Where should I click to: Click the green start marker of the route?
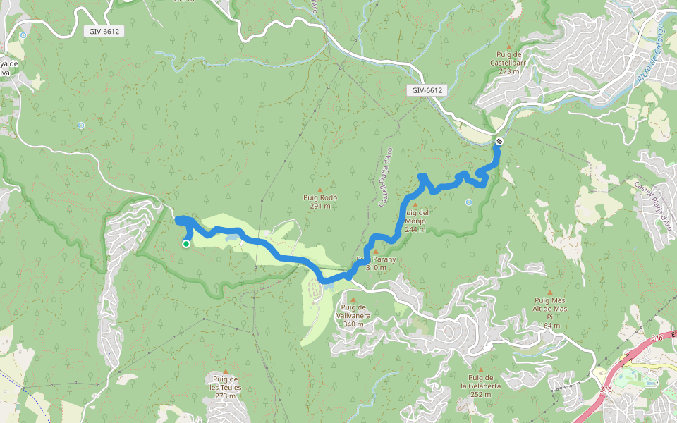point(186,244)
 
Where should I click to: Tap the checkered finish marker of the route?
point(499,141)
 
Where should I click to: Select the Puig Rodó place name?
point(319,198)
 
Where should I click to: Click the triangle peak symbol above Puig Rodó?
point(319,190)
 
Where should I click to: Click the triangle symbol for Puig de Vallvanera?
point(353,299)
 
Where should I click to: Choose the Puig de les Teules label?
point(226,384)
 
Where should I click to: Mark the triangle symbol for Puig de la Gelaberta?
point(481,369)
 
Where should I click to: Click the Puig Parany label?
point(377,259)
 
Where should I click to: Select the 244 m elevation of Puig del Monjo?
point(415,229)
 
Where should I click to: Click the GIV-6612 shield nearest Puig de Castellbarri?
point(428,90)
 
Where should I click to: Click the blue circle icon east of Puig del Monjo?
point(468,202)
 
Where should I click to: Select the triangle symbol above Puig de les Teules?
point(226,372)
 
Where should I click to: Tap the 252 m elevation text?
point(481,394)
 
